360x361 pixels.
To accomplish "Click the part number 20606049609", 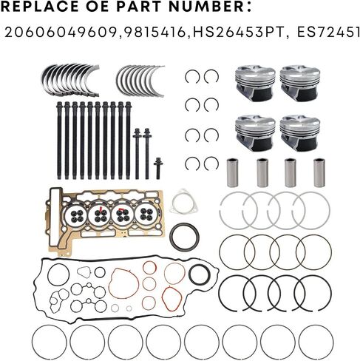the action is click(x=60, y=33).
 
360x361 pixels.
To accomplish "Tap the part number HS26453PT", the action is click(x=238, y=33).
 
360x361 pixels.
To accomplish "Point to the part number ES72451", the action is click(x=328, y=33).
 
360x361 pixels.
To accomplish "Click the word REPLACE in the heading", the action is click(x=38, y=6).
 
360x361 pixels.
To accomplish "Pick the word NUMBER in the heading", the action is click(x=206, y=6).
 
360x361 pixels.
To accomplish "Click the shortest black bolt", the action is click(x=158, y=169).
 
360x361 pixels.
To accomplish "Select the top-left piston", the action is click(x=255, y=83).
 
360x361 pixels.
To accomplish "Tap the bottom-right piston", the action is click(x=300, y=133).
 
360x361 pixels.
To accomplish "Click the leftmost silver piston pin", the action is click(x=232, y=172).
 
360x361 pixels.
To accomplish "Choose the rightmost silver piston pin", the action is click(x=319, y=172).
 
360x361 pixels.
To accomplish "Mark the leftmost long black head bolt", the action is click(x=59, y=141).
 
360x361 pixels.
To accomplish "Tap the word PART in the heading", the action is click(x=139, y=6).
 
